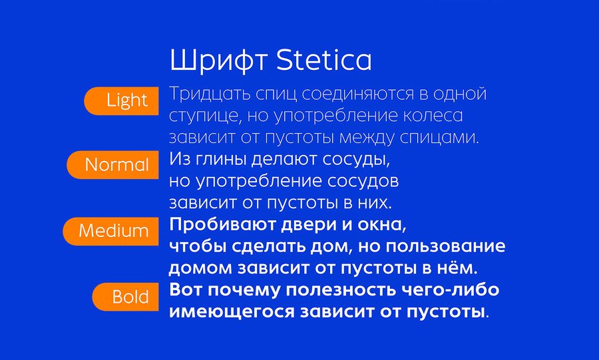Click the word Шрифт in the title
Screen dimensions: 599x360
[219, 61]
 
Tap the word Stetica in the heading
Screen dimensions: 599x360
[323, 60]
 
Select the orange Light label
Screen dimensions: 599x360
[122, 100]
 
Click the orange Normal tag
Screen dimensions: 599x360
[112, 164]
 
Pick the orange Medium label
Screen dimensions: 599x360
[110, 231]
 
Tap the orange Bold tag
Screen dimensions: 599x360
[126, 297]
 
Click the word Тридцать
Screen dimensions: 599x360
[210, 94]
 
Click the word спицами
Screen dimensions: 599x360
[439, 138]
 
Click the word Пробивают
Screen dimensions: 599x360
[222, 224]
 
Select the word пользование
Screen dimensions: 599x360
[445, 247]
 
